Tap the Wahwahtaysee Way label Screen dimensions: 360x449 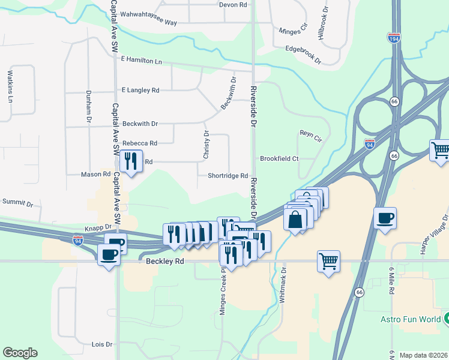[148, 22]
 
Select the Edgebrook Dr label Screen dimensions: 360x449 [303, 55]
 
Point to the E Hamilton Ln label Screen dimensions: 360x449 [142, 61]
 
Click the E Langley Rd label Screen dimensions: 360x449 [140, 90]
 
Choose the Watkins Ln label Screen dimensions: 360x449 [10, 86]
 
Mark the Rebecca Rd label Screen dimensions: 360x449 [139, 143]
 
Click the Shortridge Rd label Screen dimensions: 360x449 [228, 176]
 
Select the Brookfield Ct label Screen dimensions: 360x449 [279, 159]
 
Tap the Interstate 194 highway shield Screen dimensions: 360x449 [394, 37]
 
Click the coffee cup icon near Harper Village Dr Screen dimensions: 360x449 [385, 217]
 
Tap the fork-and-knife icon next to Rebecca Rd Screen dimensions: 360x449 [130, 161]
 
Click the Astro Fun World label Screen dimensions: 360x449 [411, 319]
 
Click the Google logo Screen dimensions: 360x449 [20, 353]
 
